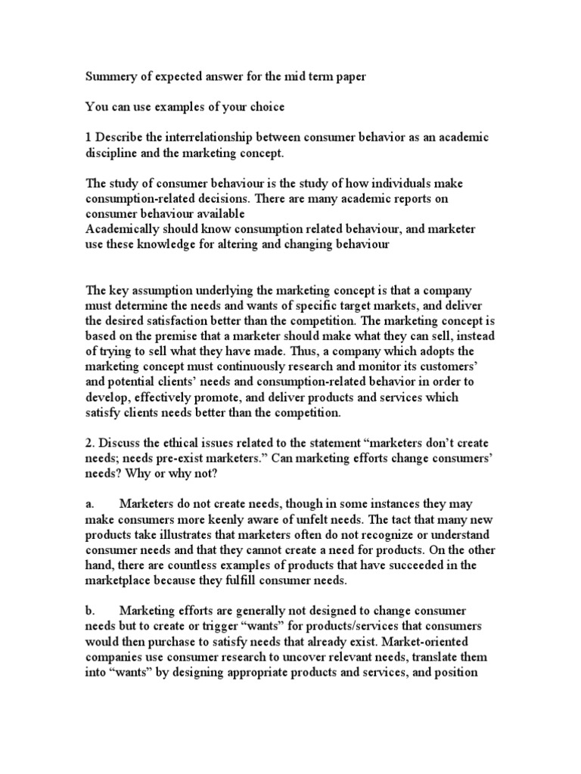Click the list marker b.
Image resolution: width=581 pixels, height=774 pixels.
click(x=89, y=610)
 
